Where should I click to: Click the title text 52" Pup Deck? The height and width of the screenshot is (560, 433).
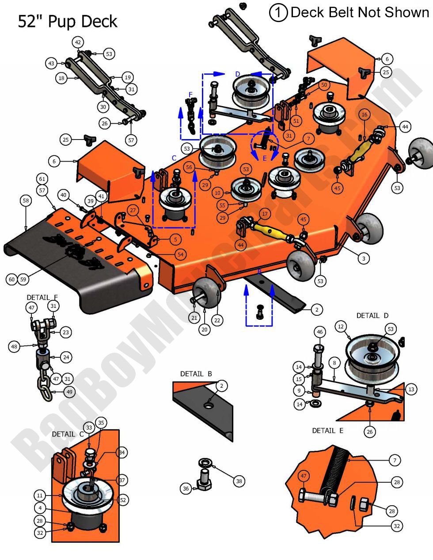[x=67, y=21]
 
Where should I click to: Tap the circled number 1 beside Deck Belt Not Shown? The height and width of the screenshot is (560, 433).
[x=278, y=12]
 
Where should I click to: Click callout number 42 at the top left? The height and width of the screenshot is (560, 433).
[x=78, y=43]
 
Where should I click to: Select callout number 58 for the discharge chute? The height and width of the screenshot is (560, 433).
[x=26, y=201]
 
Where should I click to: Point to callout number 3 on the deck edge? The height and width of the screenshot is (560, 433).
[x=363, y=258]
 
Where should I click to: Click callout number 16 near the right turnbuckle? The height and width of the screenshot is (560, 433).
[x=364, y=114]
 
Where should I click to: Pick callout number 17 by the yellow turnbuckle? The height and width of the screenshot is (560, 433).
[x=264, y=214]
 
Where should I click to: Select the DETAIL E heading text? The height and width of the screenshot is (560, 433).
[x=327, y=430]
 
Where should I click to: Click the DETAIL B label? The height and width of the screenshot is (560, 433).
[x=196, y=374]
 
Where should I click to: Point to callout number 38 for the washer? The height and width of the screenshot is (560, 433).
[x=239, y=481]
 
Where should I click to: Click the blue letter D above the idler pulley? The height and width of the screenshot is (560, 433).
[x=238, y=73]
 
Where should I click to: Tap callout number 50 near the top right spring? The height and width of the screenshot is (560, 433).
[x=324, y=84]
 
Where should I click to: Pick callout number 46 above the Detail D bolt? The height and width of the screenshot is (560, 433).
[x=320, y=332]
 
